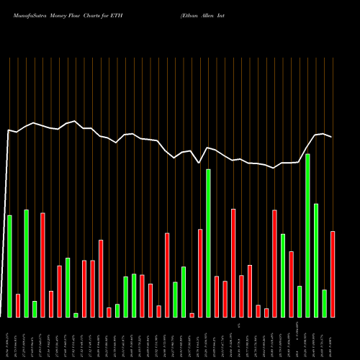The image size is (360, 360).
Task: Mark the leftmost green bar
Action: click(9, 266)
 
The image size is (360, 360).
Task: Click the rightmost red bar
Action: click(333, 274)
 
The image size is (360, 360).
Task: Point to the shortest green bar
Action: click(76, 315)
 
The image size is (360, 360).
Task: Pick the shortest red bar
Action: click(192, 315)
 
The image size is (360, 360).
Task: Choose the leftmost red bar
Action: click(18, 305)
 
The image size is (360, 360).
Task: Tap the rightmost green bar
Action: click(325, 303)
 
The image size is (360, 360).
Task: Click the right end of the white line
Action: click(332, 137)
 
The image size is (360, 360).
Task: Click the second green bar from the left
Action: click(26, 264)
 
